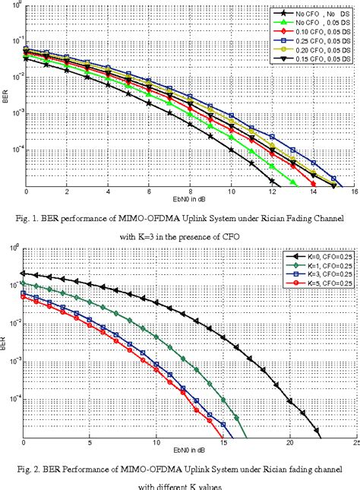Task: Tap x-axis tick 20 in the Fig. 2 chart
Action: (x=289, y=442)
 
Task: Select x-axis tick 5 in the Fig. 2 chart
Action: (x=90, y=442)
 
